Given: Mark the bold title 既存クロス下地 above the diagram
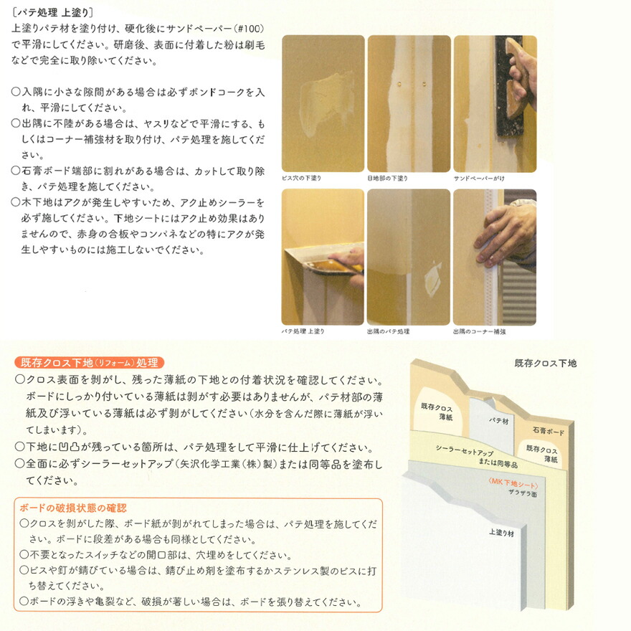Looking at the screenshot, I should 545,364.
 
